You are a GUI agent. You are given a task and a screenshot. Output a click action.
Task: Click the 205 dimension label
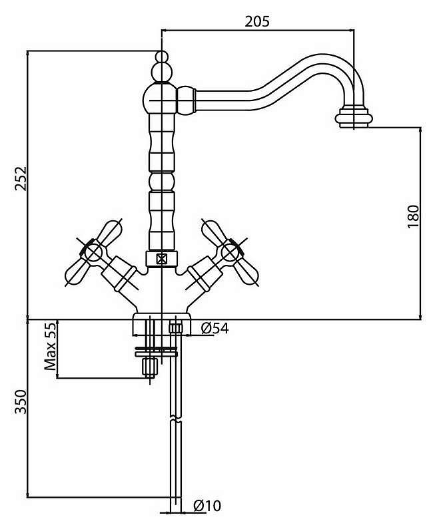click(257, 21)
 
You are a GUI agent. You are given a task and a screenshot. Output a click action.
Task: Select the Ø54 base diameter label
click(215, 328)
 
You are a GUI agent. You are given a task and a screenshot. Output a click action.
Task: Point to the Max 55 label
click(50, 346)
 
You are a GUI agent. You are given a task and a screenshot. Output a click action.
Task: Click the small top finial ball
click(162, 57)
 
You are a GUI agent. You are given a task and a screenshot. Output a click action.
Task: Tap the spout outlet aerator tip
click(354, 118)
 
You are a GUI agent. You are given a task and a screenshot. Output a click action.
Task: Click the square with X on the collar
click(162, 260)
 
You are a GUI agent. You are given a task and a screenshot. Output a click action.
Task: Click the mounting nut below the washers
click(149, 367)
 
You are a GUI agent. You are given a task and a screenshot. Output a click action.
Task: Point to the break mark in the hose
click(175, 419)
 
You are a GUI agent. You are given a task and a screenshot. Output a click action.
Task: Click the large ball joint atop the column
click(161, 99)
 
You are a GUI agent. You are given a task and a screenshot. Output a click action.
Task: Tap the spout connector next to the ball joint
click(187, 100)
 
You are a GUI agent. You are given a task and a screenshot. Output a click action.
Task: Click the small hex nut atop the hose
click(175, 328)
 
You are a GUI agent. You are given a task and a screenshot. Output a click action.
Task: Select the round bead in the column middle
click(162, 181)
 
